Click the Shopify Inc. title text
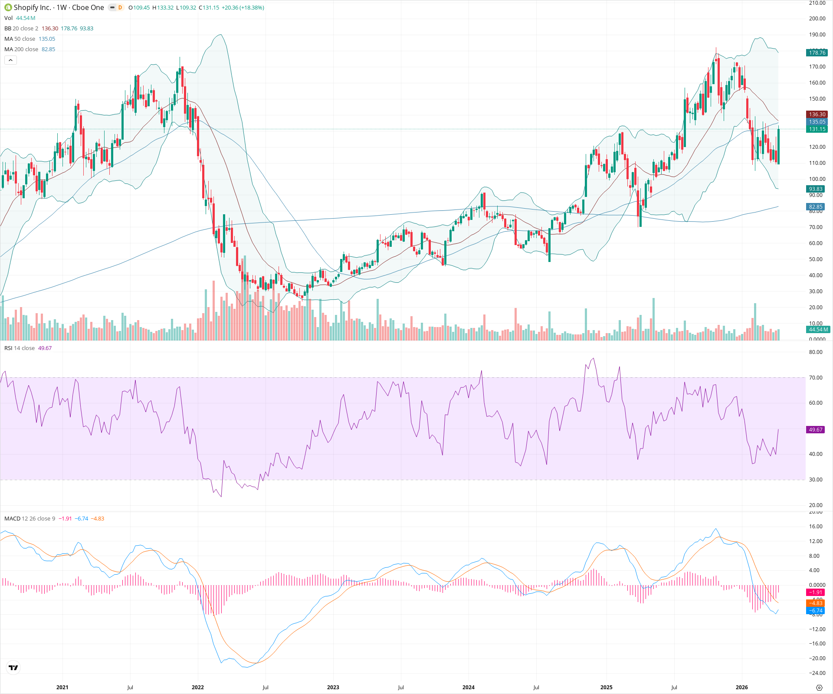tap(32, 7)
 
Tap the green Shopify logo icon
tap(8, 7)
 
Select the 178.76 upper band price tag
tap(817, 53)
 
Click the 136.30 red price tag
tap(817, 115)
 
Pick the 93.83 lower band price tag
tap(816, 189)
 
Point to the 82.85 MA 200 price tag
tap(816, 207)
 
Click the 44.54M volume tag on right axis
tap(818, 330)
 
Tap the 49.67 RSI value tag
tap(816, 430)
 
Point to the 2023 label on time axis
tap(333, 687)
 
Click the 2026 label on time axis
tap(741, 687)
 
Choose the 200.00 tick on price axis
tap(817, 19)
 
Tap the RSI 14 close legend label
tap(20, 348)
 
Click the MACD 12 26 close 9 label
tap(30, 519)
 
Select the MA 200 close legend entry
tap(21, 49)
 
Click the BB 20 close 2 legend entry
tap(21, 29)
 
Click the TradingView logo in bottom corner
tap(13, 668)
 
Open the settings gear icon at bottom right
tap(819, 687)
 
